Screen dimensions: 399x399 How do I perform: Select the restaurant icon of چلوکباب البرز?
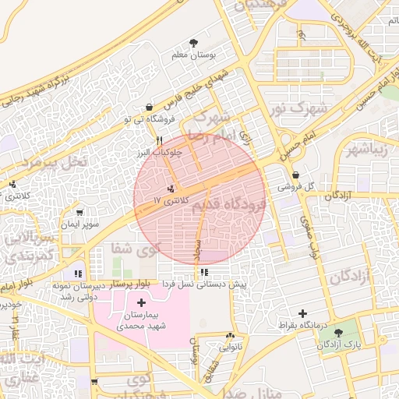tap(159, 140)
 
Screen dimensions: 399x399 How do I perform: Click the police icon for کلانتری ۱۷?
tap(171, 189)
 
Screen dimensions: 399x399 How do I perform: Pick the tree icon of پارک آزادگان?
tap(338, 333)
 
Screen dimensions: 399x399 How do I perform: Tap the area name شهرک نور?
tap(295, 108)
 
